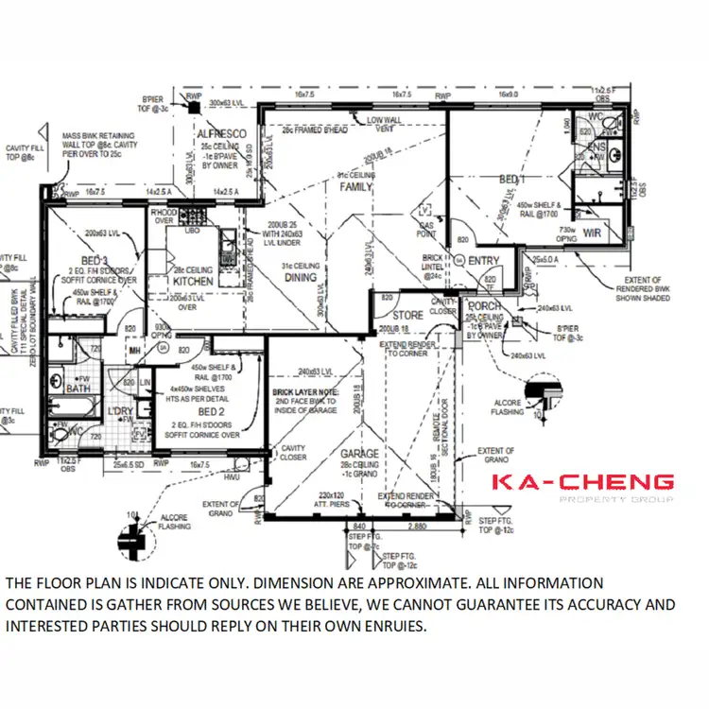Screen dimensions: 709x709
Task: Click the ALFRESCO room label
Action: pos(221,135)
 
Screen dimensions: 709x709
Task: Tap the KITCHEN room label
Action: pos(193,281)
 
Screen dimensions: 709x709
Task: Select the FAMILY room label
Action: pos(357,187)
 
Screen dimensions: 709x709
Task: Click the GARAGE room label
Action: pos(359,454)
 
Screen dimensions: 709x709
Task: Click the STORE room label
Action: pos(407,315)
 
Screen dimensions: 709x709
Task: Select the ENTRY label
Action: pos(483,261)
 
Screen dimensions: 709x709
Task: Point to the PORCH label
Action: pos(483,305)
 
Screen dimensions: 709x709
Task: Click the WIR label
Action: pos(593,233)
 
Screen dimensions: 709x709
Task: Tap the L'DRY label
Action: pos(120,413)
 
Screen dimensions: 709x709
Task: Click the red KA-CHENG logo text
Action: pos(582,483)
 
